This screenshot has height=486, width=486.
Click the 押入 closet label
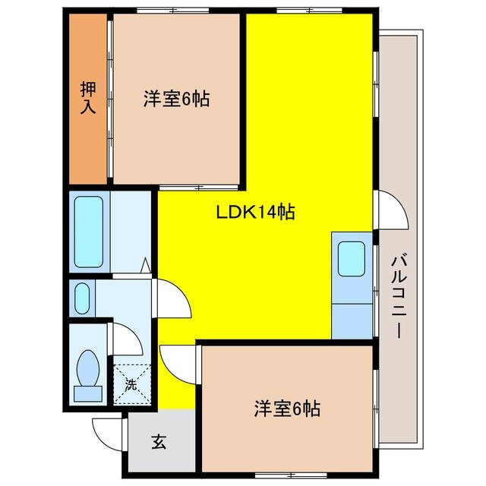click(88, 99)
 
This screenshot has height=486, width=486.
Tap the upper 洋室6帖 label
click(176, 99)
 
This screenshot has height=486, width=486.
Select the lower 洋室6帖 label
click(286, 409)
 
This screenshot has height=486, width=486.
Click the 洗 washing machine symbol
click(130, 384)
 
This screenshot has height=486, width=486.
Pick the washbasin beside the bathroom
click(81, 298)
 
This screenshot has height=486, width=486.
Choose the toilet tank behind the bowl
click(88, 393)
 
